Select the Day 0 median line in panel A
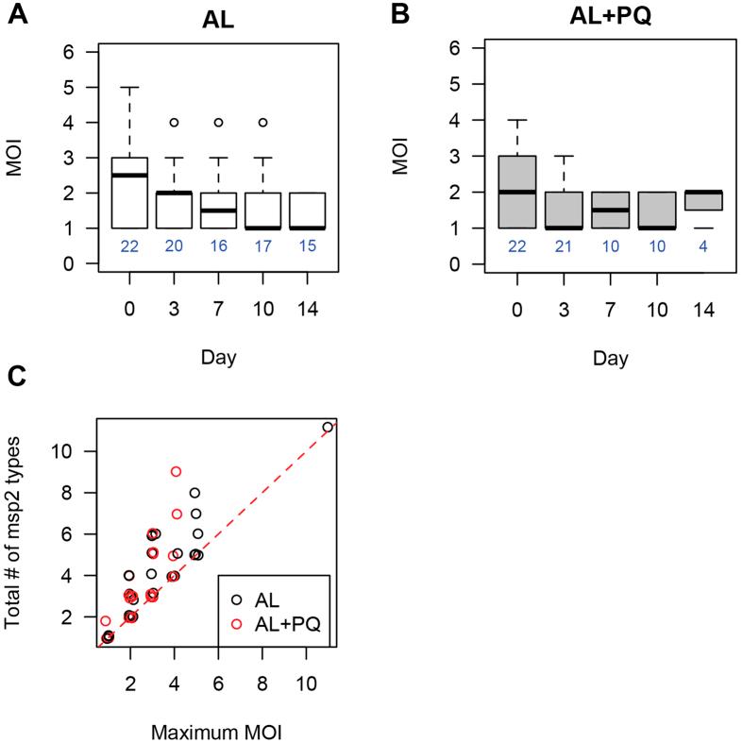(x=131, y=175)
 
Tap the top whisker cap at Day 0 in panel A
(x=131, y=87)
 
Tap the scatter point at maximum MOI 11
(x=328, y=428)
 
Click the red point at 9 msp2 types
(x=176, y=471)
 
